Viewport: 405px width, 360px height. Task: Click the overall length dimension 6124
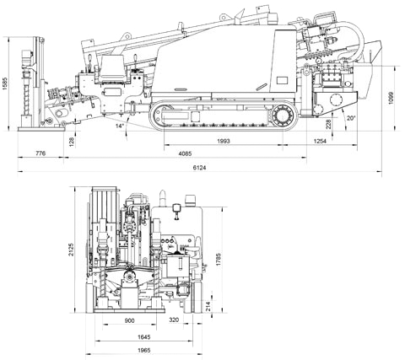199,168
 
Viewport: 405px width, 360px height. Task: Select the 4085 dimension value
185,153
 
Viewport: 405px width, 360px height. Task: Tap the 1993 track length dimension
224,141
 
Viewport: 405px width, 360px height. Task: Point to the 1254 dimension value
320,141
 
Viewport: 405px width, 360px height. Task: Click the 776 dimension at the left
40,153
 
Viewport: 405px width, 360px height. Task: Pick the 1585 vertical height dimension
4,83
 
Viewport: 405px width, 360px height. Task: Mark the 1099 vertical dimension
391,98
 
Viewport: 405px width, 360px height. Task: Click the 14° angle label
120,126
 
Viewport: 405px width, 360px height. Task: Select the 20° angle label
351,118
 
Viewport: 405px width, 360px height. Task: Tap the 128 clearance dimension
72,140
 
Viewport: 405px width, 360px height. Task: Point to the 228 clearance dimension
328,124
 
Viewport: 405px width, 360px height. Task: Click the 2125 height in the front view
72,250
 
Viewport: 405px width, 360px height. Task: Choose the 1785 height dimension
219,260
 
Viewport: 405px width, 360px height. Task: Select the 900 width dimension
129,320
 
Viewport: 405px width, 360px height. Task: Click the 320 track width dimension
174,320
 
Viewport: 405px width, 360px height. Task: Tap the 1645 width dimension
143,336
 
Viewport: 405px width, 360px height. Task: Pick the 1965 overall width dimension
143,350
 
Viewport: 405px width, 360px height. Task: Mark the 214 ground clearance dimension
208,305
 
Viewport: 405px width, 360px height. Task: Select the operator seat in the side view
112,67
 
